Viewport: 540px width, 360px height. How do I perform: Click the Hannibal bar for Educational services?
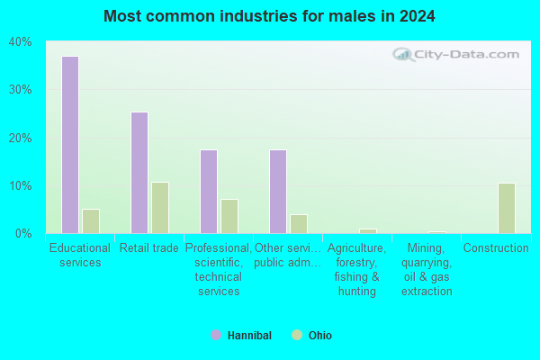70,145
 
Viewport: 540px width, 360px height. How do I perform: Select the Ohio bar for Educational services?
91,221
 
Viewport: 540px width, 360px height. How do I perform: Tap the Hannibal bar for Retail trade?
139,173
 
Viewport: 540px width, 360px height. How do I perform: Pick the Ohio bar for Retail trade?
160,208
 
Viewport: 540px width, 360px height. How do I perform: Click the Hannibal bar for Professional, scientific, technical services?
209,192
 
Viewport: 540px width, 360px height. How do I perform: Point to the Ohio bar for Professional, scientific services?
229,216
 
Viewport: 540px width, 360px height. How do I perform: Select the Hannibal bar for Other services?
278,192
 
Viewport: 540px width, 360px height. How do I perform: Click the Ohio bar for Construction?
507,208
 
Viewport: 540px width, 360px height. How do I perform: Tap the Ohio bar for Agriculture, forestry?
368,231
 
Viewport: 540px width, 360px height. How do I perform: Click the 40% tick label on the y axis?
21,42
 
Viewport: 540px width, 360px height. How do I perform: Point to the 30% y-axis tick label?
21,90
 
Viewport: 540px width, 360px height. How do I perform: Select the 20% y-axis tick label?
21,138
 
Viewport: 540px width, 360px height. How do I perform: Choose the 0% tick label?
23,234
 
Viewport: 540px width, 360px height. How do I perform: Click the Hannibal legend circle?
216,335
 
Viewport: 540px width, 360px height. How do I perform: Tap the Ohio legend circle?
297,335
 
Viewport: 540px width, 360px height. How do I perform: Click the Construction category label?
496,247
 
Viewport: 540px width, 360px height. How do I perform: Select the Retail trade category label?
149,247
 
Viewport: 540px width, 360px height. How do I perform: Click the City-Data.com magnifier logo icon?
403,54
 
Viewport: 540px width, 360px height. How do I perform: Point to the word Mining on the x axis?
426,247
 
